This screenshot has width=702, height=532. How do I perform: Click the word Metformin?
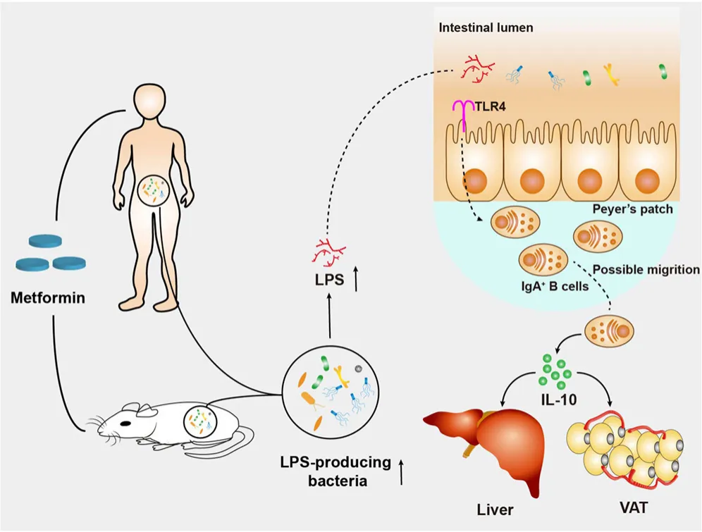click(x=48, y=297)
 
